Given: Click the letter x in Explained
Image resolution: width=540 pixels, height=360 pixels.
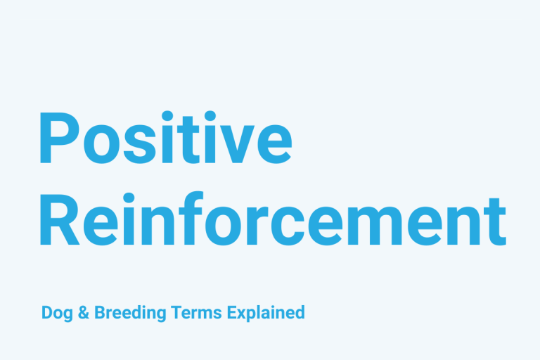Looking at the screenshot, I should pos(243,314).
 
